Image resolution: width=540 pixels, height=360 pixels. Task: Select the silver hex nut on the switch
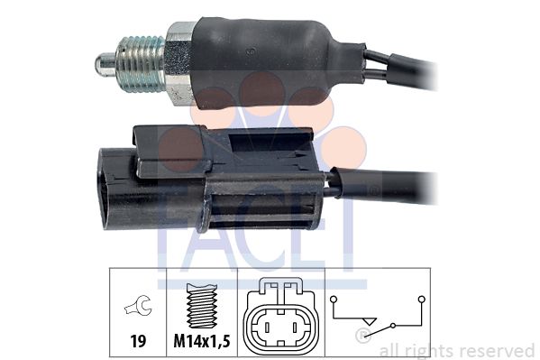(179, 63)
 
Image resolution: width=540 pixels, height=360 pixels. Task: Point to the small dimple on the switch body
(251, 51)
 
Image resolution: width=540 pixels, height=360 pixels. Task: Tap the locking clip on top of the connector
(224, 148)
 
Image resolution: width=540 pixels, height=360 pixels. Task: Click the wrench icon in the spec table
(138, 305)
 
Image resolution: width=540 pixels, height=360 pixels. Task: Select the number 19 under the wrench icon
(138, 341)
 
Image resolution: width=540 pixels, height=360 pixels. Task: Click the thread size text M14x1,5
(202, 341)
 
